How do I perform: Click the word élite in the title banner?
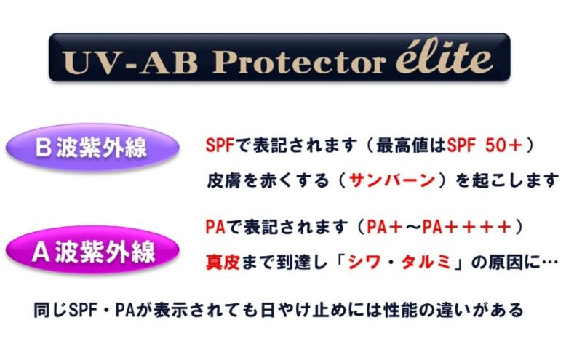click(445, 57)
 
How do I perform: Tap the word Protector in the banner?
click(299, 61)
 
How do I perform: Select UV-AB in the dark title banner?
click(129, 62)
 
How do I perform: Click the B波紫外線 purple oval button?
click(92, 148)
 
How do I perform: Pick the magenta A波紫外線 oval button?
click(92, 251)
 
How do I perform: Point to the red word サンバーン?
click(392, 181)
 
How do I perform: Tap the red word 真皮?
click(223, 263)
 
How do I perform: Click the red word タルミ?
click(427, 263)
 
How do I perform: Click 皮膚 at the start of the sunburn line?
click(223, 181)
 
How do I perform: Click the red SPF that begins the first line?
click(220, 145)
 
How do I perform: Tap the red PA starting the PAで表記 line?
click(215, 227)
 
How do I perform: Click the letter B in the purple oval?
click(43, 148)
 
